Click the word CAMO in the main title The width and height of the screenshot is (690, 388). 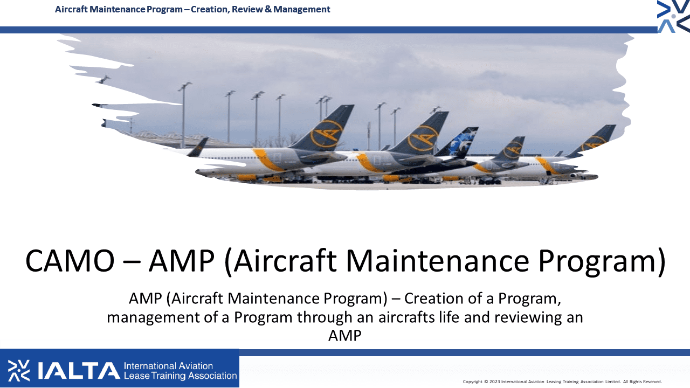click(70, 261)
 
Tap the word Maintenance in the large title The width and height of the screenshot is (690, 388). click(437, 261)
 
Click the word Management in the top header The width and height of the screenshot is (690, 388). click(301, 10)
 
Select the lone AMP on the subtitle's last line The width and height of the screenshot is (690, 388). click(344, 336)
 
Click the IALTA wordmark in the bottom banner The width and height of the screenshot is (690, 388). click(79, 370)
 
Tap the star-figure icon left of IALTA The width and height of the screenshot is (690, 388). click(19, 370)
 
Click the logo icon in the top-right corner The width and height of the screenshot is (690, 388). click(673, 16)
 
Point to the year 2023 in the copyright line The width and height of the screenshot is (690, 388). click(494, 382)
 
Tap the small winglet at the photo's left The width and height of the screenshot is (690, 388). click(198, 147)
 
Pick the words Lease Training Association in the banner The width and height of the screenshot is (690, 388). click(180, 376)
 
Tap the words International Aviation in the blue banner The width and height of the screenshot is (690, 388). click(168, 366)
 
